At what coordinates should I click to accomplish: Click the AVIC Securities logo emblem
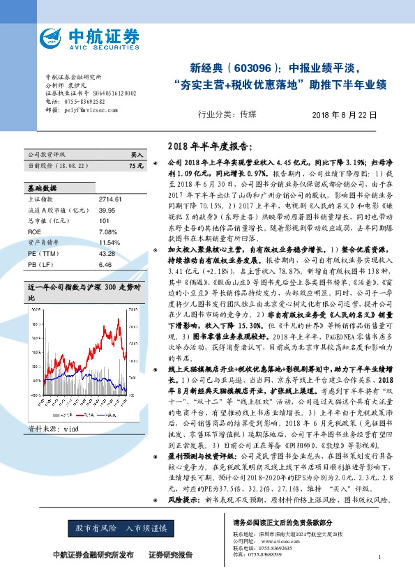[x=51, y=38]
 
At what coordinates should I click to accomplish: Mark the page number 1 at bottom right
[x=379, y=556]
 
